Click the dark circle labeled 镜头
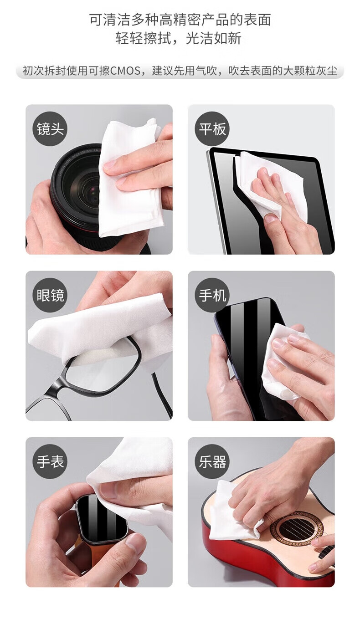pos(50,129)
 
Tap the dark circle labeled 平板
pos(212,129)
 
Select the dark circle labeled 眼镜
pos(50,295)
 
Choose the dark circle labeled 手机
pos(212,295)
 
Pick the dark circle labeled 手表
pos(50,461)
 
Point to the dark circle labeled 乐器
pos(212,461)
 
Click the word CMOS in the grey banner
pos(125,71)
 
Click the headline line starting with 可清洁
pos(180,20)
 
